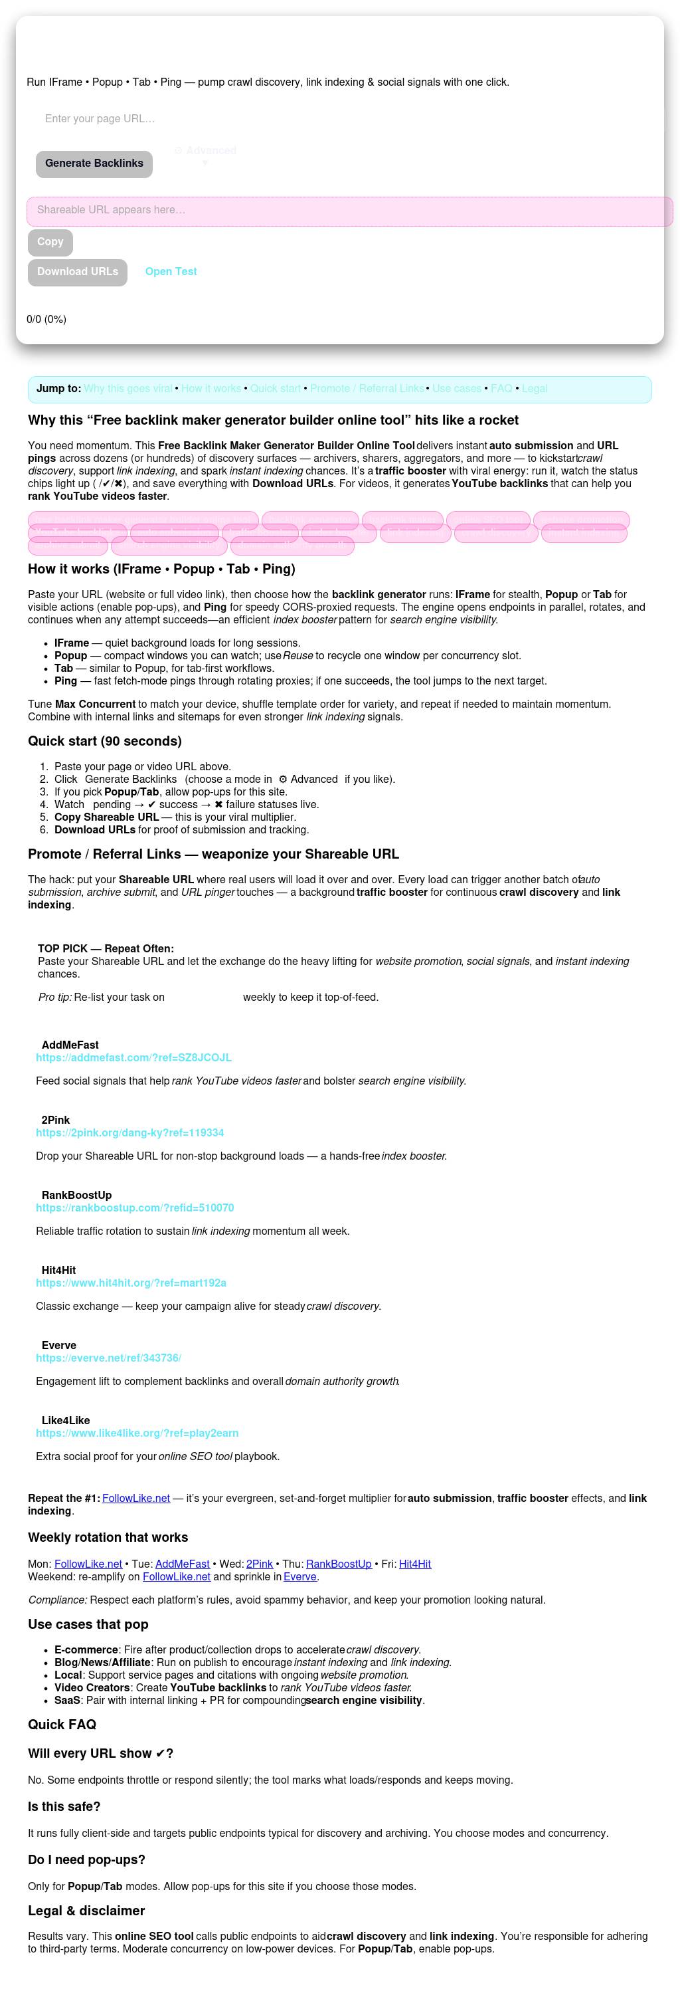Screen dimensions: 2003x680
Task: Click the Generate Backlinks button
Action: pos(94,163)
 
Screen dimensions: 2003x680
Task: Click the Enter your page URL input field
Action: pos(233,119)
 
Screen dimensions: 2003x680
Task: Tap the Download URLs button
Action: pos(78,271)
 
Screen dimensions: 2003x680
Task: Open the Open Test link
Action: pos(171,271)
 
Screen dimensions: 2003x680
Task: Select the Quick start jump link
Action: pos(275,388)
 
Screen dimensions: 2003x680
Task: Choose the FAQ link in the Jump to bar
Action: pos(501,388)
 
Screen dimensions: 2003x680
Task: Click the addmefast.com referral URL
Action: pos(133,1057)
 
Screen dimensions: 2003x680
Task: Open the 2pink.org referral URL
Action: pos(129,1133)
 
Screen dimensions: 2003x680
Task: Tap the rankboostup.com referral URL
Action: pos(134,1208)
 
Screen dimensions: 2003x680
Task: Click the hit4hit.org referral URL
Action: pos(131,1283)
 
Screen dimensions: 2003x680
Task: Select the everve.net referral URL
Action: pos(108,1358)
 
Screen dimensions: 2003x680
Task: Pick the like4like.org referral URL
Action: pos(137,1433)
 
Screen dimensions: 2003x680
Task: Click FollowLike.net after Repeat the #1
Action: pos(136,1499)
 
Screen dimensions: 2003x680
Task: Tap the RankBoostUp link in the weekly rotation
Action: pos(339,1564)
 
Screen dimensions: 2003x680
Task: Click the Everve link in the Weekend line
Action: pos(300,1576)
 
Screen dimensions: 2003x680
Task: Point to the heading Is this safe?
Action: pos(64,1806)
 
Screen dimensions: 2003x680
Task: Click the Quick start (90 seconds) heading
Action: pos(105,741)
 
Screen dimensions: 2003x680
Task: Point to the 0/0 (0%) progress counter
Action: pos(46,320)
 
